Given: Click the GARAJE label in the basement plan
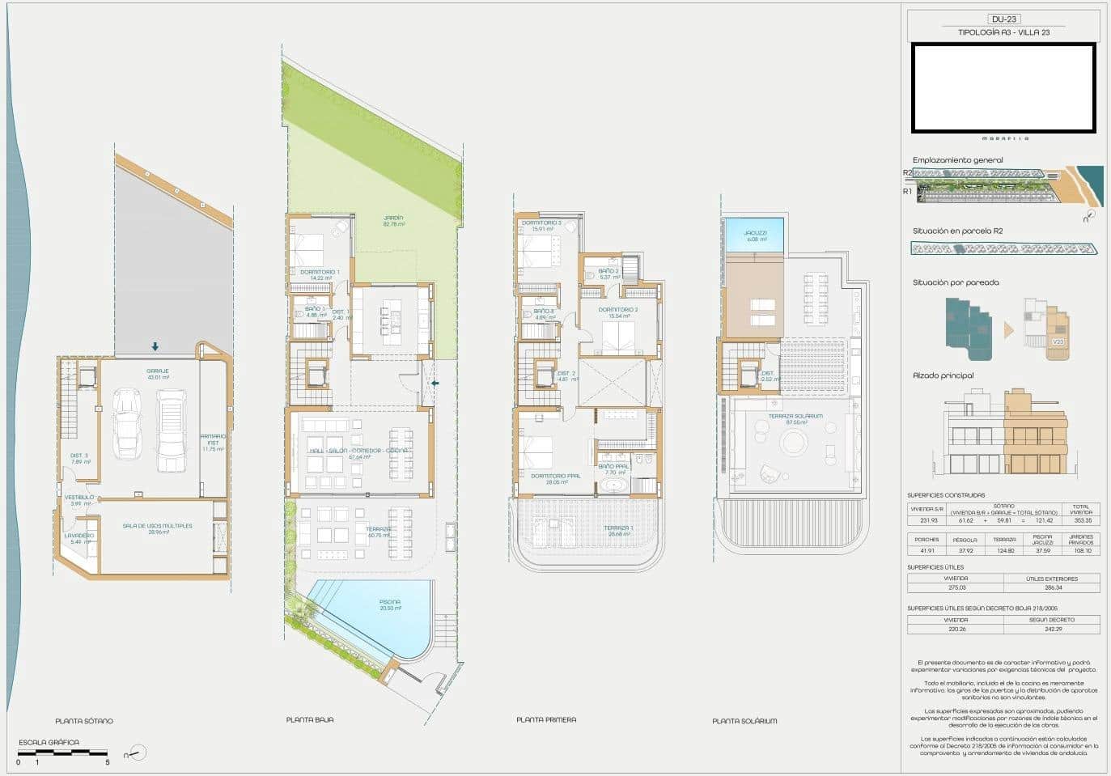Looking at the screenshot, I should point(158,371).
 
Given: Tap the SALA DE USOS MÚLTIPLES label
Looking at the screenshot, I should point(157,526).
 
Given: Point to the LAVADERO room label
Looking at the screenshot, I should point(80,536).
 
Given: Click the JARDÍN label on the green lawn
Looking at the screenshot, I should point(393,218).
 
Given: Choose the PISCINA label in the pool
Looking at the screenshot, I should point(390,602).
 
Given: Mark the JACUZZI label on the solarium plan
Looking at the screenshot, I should point(755,233).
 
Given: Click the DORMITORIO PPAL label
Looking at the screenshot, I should point(555,476).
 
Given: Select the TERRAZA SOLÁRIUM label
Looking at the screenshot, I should point(795,417).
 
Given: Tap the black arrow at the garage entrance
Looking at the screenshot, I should point(155,347).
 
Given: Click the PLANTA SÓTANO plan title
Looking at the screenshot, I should point(84,721).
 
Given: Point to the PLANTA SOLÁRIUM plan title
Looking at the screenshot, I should point(744,721).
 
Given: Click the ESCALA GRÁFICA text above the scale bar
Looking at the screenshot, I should point(49,742).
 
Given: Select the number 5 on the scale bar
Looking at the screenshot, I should point(107,762).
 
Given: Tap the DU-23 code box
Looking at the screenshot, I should point(1003,19).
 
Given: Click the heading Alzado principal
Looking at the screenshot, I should point(943,375).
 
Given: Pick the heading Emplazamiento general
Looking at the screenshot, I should point(957,160).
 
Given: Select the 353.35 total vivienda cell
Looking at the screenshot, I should point(1080,521).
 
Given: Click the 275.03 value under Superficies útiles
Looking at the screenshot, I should point(956,587).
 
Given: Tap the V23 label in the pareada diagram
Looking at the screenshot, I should point(1057,341).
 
